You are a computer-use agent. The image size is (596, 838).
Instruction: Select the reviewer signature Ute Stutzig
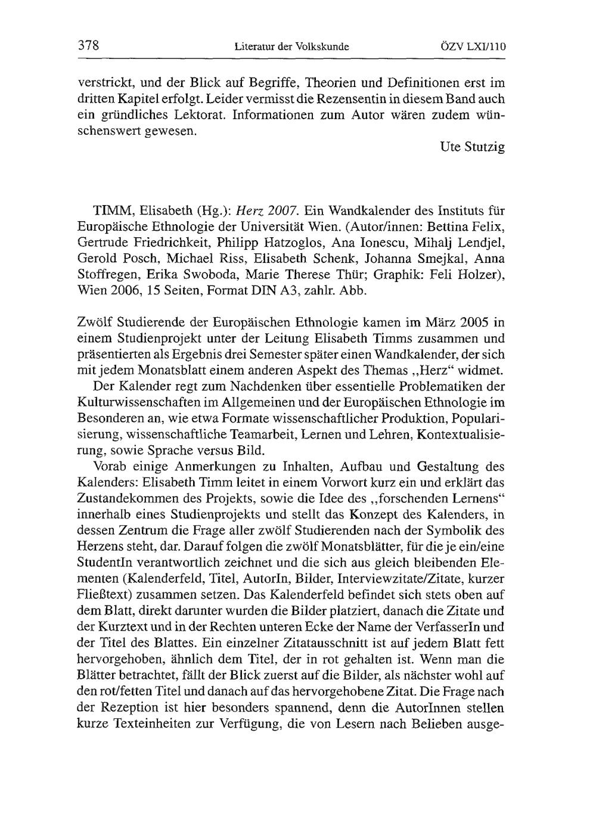point(474,147)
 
